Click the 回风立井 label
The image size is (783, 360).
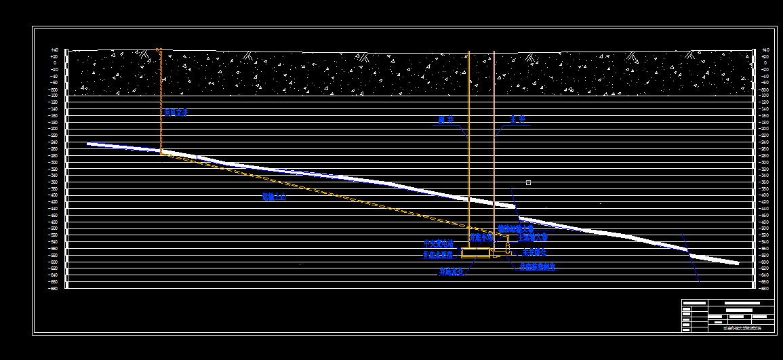174,113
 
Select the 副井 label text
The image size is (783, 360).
445,120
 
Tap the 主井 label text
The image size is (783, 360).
519,119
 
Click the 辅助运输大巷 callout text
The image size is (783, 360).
516,229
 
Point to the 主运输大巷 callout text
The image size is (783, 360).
532,238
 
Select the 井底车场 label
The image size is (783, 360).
481,239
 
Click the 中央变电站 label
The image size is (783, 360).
438,243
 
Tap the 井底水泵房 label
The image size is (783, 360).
438,255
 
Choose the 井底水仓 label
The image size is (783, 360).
451,272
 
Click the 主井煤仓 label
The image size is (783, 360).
532,252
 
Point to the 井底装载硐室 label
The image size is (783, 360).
537,268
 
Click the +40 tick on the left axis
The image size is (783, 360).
54,50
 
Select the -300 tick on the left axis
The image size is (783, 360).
53,163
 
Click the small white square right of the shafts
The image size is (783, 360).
529,182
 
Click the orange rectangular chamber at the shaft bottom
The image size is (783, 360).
476,253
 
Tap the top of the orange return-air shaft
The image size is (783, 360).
159,50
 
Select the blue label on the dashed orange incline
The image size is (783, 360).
274,197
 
